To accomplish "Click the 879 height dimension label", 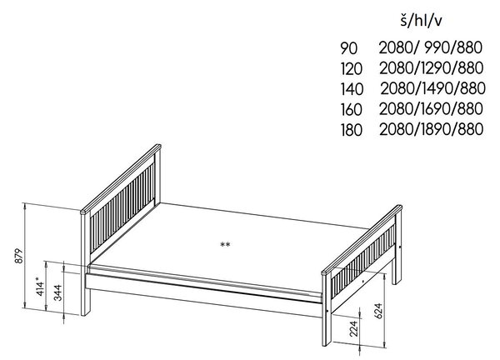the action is click(19, 256).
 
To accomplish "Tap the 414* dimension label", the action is click(40, 287).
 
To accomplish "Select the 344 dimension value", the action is click(57, 292).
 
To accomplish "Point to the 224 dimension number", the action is click(354, 329).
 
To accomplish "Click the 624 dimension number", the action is click(377, 311).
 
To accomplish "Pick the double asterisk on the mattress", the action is click(225, 245).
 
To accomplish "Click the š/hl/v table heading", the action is click(421, 21).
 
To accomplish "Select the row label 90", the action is click(349, 48).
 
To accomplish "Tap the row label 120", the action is click(352, 69).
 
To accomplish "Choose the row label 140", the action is click(352, 89).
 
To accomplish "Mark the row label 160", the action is click(352, 110).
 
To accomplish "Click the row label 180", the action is click(352, 130).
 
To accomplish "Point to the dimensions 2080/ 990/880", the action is click(431, 47).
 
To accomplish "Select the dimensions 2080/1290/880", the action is click(431, 68).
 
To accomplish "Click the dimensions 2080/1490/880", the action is click(432, 88).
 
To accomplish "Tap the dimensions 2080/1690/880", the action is click(431, 108).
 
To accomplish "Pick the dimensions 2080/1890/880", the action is click(431, 129).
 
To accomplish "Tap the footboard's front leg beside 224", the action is click(327, 328).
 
